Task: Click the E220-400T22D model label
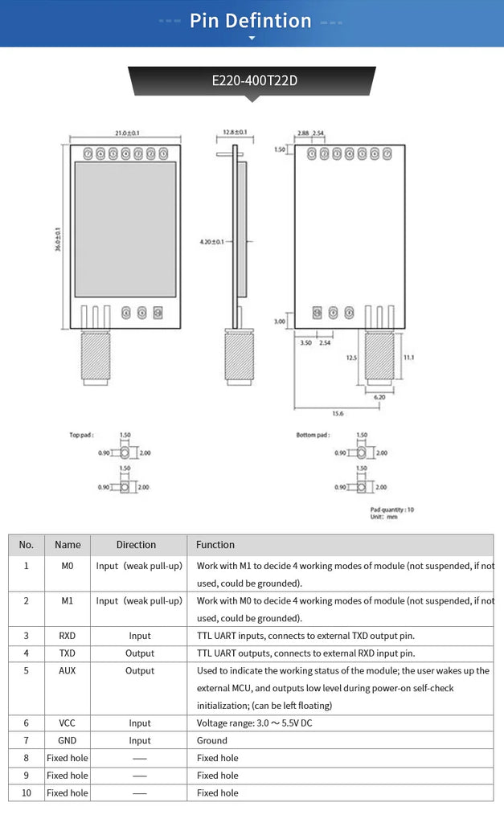(252, 80)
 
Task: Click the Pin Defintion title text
(251, 21)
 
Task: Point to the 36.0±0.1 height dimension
(58, 240)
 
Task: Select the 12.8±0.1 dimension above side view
(234, 132)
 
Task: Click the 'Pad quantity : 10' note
(391, 510)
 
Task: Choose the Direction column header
(136, 545)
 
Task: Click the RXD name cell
(68, 636)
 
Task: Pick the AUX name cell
(68, 670)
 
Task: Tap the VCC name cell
(68, 723)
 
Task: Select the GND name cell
(68, 740)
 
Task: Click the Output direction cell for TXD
(139, 653)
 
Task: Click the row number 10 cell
(27, 792)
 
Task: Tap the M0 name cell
(68, 566)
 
